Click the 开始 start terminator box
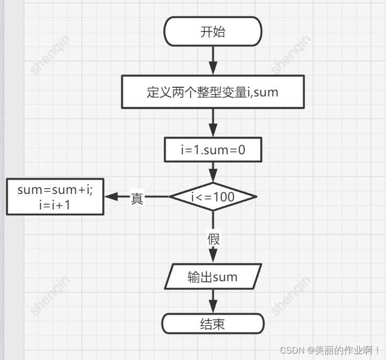click(213, 32)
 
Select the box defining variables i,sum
click(213, 92)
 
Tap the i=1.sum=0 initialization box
click(213, 150)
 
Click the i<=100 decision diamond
click(213, 197)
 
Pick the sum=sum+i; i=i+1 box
click(55, 197)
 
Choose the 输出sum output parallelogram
click(213, 277)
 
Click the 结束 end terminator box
click(213, 324)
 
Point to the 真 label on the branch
click(137, 199)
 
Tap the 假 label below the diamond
click(214, 238)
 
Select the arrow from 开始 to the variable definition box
click(213, 61)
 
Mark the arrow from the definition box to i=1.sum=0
click(213, 123)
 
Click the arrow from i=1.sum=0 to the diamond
click(213, 171)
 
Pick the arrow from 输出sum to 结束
click(213, 301)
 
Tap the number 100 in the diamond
click(224, 197)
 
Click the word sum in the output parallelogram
click(225, 277)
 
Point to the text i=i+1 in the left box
click(55, 205)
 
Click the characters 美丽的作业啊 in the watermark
click(345, 350)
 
